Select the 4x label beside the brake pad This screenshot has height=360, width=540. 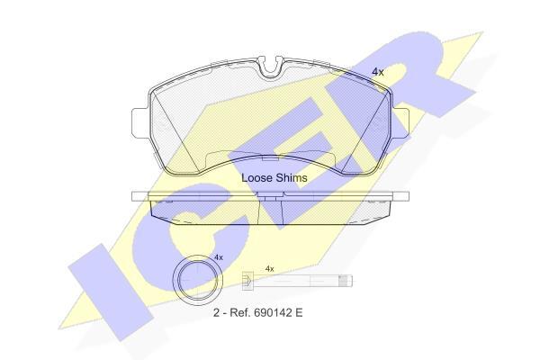tap(378, 72)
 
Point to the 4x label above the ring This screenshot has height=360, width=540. tap(219, 257)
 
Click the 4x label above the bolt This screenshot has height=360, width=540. tap(270, 269)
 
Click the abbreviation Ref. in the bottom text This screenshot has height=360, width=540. tap(240, 313)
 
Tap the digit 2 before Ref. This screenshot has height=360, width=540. tap(216, 313)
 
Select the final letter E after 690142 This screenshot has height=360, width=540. tap(299, 313)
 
